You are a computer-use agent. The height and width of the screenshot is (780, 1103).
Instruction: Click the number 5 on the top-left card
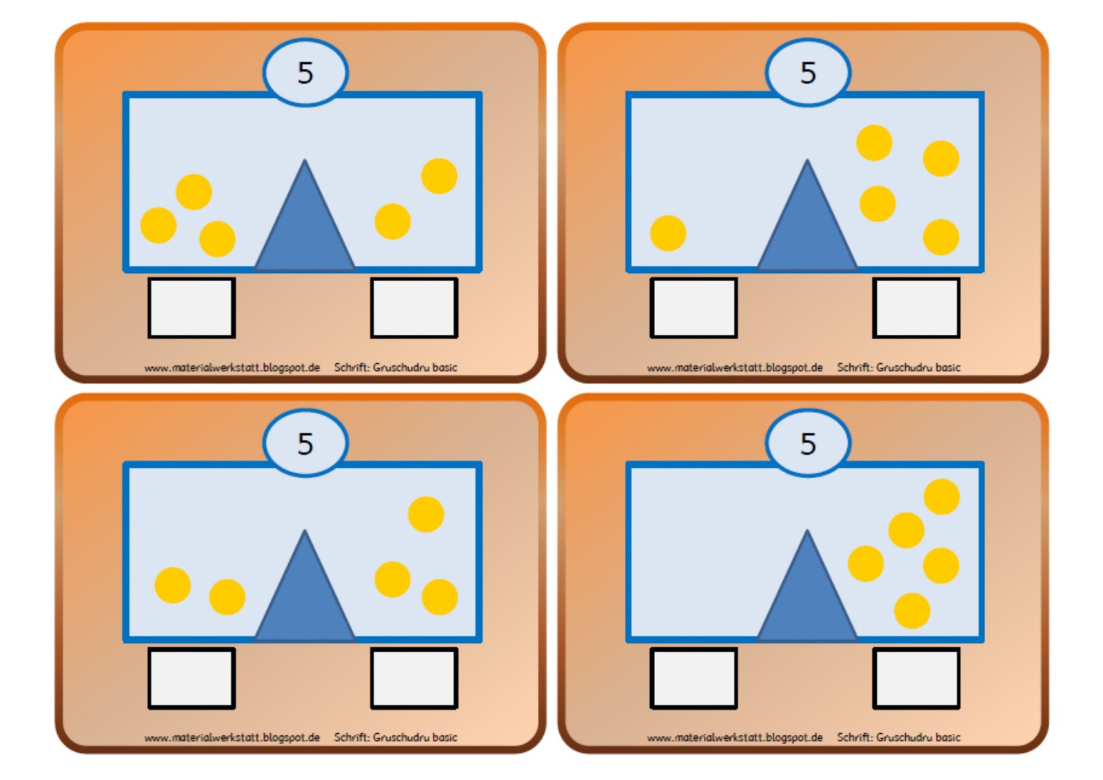pyautogui.click(x=305, y=73)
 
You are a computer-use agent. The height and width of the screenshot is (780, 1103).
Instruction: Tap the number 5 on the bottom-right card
pyautogui.click(x=808, y=443)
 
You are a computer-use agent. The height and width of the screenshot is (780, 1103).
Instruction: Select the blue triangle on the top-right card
pyautogui.click(x=807, y=215)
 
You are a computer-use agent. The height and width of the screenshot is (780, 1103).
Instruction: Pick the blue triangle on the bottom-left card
pyautogui.click(x=304, y=586)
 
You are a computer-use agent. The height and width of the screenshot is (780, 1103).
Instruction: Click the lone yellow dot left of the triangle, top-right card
pyautogui.click(x=668, y=234)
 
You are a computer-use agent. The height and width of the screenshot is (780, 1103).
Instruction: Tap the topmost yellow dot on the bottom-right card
pyautogui.click(x=942, y=497)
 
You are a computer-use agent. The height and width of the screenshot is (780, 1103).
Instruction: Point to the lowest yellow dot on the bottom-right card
pyautogui.click(x=912, y=610)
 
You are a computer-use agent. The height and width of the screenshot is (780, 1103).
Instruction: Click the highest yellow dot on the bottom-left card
pyautogui.click(x=427, y=514)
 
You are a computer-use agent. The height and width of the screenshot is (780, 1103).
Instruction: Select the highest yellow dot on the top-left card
pyautogui.click(x=439, y=176)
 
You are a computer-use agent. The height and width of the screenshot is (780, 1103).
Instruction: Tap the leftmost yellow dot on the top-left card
pyautogui.click(x=159, y=225)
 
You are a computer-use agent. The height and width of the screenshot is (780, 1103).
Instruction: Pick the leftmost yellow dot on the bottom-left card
pyautogui.click(x=173, y=585)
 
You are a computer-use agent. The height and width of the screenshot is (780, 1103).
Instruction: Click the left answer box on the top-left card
pyautogui.click(x=192, y=308)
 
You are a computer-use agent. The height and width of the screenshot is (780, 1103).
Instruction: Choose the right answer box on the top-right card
pyautogui.click(x=916, y=308)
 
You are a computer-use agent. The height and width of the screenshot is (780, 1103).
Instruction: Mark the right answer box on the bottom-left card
pyautogui.click(x=414, y=678)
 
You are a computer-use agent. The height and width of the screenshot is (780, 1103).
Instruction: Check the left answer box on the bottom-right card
pyautogui.click(x=694, y=678)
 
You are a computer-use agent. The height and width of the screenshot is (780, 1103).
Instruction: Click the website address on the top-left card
pyautogui.click(x=232, y=368)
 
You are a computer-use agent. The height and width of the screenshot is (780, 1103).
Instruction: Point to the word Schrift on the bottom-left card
pyautogui.click(x=352, y=737)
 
